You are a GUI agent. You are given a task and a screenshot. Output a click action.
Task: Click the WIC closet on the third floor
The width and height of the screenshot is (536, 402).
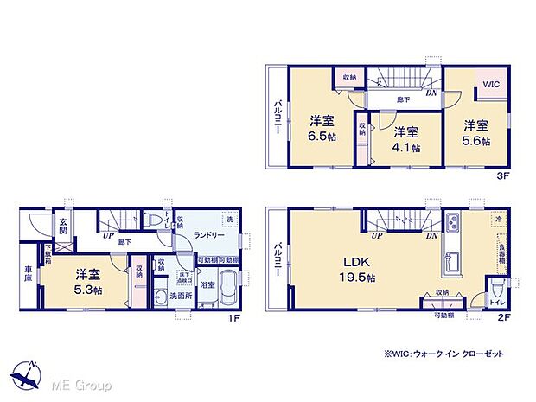tap(490, 85)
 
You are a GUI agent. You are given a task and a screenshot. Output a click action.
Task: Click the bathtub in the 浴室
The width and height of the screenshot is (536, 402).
tap(227, 290)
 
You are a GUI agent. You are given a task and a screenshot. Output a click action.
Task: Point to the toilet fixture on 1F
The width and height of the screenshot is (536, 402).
tap(154, 222)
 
